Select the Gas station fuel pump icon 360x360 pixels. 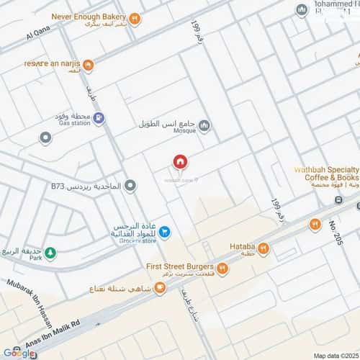99,118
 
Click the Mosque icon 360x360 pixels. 204,127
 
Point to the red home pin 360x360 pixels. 179,162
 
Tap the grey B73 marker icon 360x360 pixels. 130,186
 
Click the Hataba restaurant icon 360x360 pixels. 264,250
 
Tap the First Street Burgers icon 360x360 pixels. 222,269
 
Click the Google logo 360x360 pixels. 18,352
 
